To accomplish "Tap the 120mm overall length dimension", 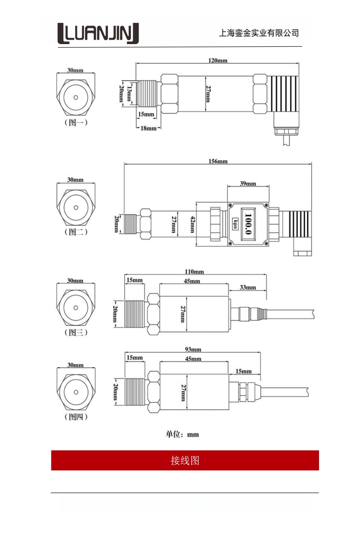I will point(217,60).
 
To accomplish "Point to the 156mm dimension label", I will point(219,161).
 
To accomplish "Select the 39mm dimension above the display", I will point(247,184).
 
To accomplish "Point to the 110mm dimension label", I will point(194,272).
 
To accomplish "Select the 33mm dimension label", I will point(248,288).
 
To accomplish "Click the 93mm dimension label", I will point(193,350).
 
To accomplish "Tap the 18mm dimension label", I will point(148,128).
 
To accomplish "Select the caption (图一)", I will point(76,122).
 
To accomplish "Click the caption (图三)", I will point(76,333).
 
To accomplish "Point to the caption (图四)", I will point(76,417).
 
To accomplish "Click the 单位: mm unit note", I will point(182,434).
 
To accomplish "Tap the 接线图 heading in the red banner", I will point(185,460).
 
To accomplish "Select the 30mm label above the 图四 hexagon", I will point(76,365).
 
